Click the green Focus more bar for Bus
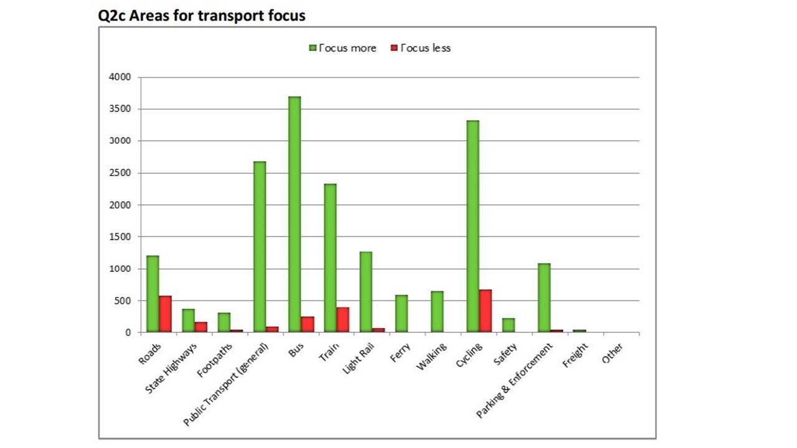pos(295,215)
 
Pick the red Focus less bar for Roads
pos(165,314)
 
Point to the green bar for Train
pos(330,258)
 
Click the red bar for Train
pos(342,320)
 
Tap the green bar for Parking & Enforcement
pos(544,298)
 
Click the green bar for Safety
pos(508,325)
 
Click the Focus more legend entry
pos(343,48)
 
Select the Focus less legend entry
pos(420,48)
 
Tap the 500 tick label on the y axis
pos(123,301)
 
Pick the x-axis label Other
pos(613,353)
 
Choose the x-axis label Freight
pos(575,355)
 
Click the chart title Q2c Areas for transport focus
pos(202,16)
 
